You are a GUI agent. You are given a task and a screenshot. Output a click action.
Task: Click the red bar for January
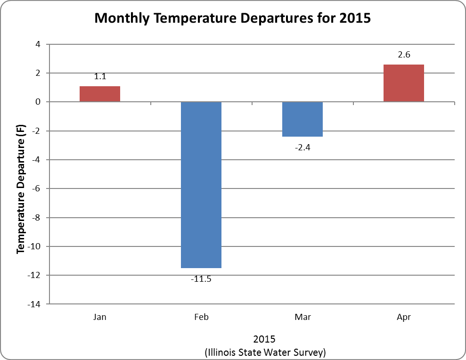[100, 94]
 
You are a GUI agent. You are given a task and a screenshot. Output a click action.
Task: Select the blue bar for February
[201, 185]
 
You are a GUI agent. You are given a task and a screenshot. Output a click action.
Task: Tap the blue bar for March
[302, 119]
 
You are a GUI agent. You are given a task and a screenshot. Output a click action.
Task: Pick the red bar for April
[404, 83]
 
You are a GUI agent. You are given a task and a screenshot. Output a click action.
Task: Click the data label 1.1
[100, 76]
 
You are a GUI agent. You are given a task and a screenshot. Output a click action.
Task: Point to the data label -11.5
[201, 279]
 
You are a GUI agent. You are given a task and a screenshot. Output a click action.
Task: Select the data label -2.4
[302, 147]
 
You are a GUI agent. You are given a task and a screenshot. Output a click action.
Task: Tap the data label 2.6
[404, 55]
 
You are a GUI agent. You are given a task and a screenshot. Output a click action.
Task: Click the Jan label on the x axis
[100, 317]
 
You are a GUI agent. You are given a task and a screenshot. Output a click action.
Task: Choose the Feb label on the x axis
[201, 317]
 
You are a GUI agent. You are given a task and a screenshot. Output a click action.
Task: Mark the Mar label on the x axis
[302, 317]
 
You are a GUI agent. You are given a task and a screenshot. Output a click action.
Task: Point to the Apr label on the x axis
[404, 317]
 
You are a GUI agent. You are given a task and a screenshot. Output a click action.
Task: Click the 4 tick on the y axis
[38, 44]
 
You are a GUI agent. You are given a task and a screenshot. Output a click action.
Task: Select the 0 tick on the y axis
[38, 102]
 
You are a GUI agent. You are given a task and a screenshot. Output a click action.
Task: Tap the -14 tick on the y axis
[34, 304]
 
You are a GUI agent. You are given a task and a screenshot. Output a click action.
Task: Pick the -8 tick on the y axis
[36, 218]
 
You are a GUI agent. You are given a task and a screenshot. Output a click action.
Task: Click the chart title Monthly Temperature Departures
[233, 18]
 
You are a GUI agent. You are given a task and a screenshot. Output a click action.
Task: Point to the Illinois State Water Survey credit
[265, 352]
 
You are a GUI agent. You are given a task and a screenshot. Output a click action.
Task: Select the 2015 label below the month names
[264, 339]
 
